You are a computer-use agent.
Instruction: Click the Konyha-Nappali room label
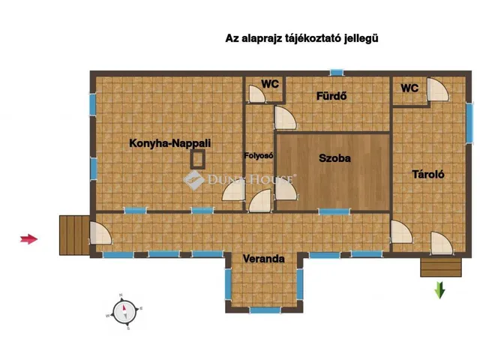point(169,142)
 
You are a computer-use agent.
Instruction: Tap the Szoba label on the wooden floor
point(334,158)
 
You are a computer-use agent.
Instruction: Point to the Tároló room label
point(429,174)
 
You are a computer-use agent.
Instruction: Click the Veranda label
point(263,259)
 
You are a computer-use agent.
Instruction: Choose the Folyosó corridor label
point(259,156)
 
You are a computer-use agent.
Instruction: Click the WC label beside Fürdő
point(269,84)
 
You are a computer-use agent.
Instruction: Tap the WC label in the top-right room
point(409,88)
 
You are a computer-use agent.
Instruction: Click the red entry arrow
point(28,239)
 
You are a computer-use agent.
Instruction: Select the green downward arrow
point(440,289)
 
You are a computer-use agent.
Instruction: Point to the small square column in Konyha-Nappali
point(198,158)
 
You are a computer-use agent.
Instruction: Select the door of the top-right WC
point(436,91)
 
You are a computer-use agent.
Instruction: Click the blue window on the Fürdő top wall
point(337,73)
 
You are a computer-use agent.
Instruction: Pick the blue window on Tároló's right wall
point(469,122)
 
